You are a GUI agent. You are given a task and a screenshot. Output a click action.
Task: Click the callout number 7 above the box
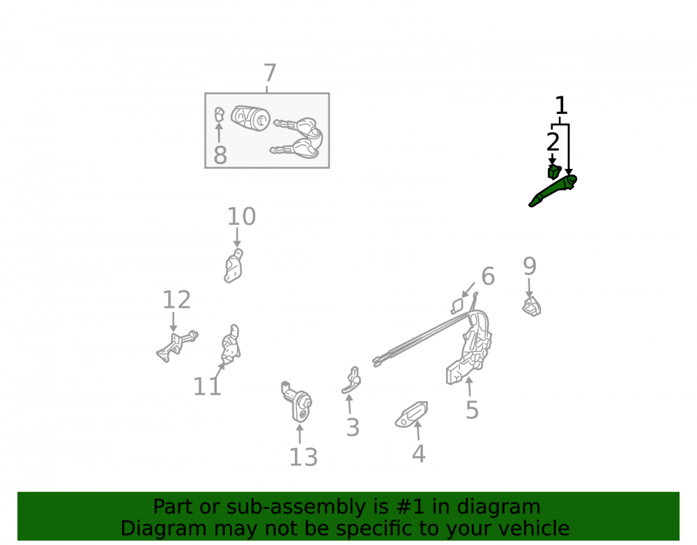(270, 73)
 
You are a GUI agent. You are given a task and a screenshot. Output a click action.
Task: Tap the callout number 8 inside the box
(220, 155)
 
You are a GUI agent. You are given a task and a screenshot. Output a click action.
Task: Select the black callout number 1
(561, 105)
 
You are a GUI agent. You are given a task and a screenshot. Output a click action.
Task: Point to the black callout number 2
(553, 142)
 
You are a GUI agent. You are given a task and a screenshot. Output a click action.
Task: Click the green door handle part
(553, 191)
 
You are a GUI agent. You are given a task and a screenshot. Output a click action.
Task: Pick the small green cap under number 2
(554, 172)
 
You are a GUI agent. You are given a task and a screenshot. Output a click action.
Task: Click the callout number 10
(241, 216)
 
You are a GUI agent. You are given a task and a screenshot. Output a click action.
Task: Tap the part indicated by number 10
(233, 266)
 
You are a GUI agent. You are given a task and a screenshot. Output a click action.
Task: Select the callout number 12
(176, 299)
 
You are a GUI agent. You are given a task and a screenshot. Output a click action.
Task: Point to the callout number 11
(207, 386)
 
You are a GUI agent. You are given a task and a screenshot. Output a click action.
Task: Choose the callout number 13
(303, 457)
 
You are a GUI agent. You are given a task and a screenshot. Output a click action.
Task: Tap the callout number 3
(353, 428)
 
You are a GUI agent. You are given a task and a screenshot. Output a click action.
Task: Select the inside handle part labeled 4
(412, 415)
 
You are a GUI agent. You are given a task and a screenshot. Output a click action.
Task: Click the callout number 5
(472, 410)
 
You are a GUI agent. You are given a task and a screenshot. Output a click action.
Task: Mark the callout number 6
(488, 276)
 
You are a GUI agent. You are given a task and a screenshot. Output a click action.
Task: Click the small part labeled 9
(532, 306)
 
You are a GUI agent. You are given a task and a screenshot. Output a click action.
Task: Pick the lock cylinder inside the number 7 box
(251, 118)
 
